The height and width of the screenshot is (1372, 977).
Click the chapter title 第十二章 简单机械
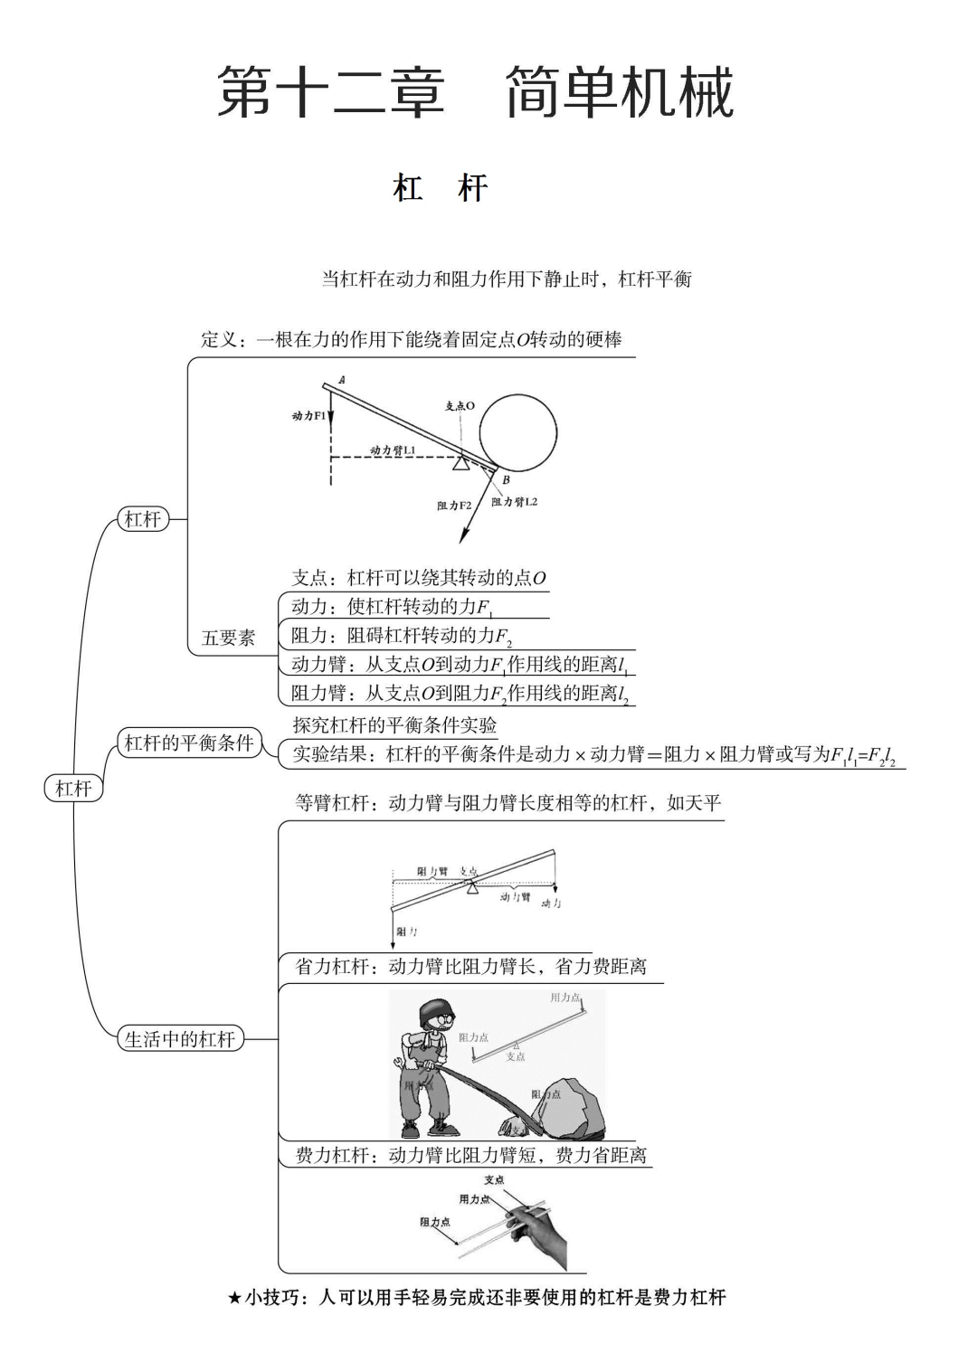coord(475,92)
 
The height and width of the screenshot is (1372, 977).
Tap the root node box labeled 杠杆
coord(73,788)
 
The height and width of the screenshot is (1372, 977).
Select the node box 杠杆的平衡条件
coord(188,743)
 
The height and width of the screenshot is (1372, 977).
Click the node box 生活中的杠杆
coord(180,1039)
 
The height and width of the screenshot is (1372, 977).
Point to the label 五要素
coord(228,639)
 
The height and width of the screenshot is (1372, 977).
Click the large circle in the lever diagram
coord(517,432)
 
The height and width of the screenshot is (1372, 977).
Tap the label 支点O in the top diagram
coord(460,406)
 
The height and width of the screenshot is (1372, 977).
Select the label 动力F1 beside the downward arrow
coord(308,416)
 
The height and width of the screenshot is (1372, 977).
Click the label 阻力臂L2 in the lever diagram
coord(514,502)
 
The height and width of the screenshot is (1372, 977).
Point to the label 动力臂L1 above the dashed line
coord(393,449)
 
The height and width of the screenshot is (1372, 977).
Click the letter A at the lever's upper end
coord(342,381)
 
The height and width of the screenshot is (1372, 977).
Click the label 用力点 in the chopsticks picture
coord(474,1199)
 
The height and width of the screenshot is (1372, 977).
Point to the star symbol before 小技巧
coord(234,1299)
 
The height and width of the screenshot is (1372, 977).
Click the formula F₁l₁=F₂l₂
coord(863,755)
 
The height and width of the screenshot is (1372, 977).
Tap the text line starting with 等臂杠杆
coord(507,803)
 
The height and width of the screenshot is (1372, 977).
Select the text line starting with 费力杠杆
coord(470,1155)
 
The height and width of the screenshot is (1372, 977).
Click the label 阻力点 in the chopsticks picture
coord(435,1222)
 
